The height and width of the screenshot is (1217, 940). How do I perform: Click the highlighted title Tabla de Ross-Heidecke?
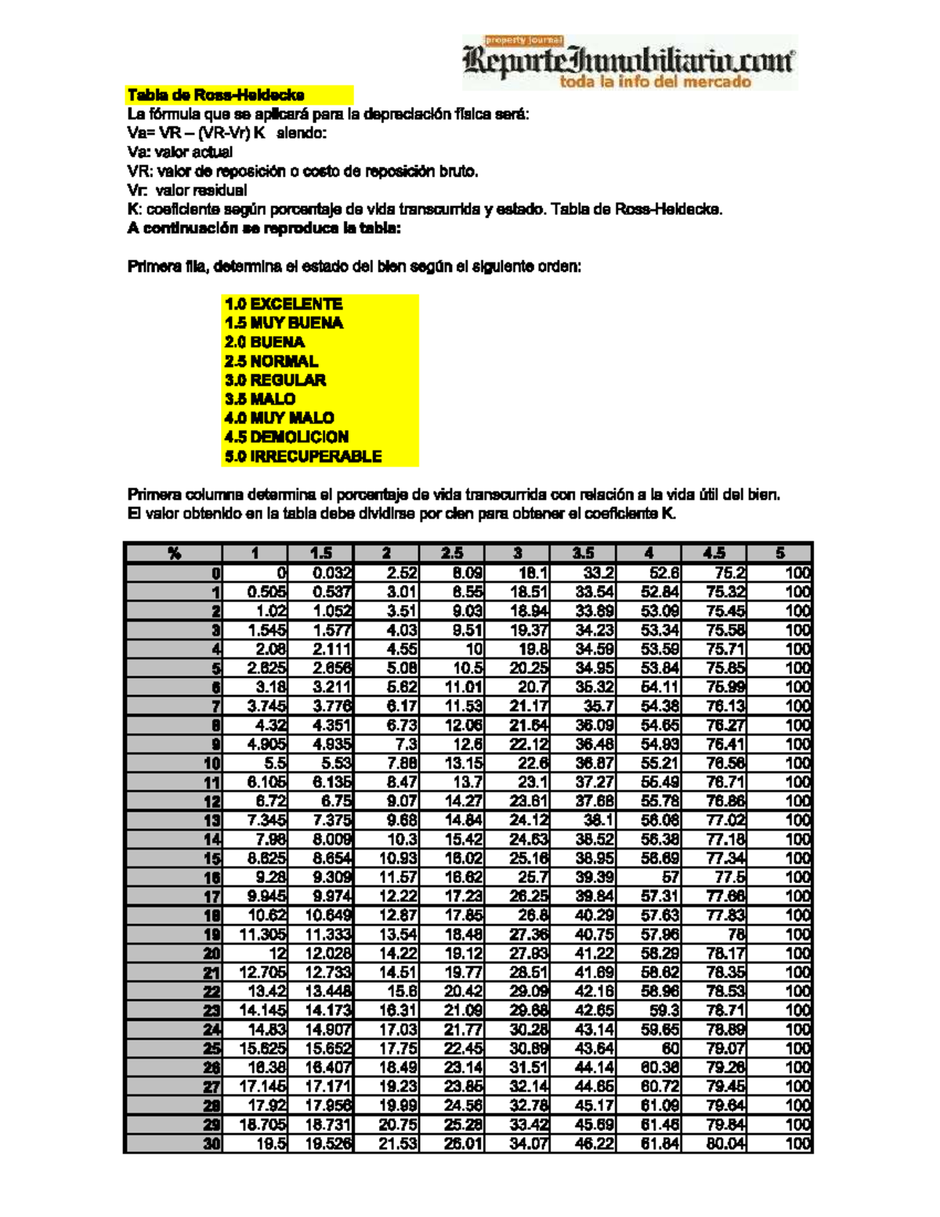[x=216, y=96]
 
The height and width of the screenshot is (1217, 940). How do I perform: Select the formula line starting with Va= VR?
[x=227, y=133]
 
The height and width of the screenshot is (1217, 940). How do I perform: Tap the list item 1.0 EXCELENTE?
[x=283, y=304]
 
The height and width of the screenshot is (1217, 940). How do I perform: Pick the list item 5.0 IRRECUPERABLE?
[x=302, y=456]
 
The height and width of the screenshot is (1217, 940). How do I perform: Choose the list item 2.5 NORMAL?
[x=271, y=361]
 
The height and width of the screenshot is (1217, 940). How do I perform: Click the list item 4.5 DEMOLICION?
[x=286, y=437]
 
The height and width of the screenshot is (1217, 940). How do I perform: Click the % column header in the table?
[x=174, y=553]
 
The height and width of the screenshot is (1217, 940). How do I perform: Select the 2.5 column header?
[x=452, y=553]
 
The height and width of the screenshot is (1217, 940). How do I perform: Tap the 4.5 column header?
[x=714, y=553]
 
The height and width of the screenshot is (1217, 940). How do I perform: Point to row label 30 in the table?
[x=211, y=1143]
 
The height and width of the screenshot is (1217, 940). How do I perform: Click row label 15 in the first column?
[x=211, y=858]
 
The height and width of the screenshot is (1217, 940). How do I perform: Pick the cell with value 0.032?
[x=332, y=573]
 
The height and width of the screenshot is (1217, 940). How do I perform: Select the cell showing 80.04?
[x=725, y=1143]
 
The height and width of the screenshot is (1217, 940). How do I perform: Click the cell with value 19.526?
[x=328, y=1143]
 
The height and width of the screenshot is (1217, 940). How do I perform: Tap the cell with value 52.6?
[x=660, y=573]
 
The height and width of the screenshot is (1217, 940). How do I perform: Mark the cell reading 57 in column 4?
[x=670, y=877]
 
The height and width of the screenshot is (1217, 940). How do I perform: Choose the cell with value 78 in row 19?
[x=736, y=934]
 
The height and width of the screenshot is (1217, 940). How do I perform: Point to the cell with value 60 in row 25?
[x=670, y=1049]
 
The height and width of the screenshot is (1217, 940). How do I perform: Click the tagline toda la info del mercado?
[x=655, y=81]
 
